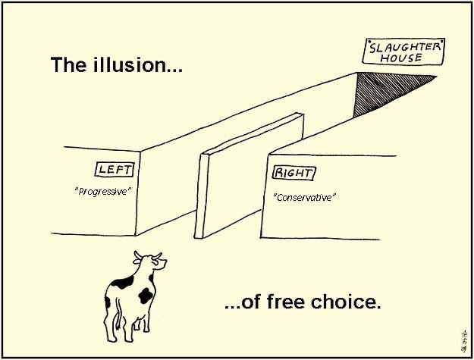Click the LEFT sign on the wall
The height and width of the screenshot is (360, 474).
115,170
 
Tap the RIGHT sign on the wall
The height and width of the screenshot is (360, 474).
294,173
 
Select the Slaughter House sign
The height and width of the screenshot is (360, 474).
403,52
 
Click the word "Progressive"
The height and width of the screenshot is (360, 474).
103,192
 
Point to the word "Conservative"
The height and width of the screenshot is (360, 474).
304,198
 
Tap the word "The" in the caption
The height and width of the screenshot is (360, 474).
68,64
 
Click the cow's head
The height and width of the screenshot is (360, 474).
150,260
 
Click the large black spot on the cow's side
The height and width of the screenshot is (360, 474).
146,296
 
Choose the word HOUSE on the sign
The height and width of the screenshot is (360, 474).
401,58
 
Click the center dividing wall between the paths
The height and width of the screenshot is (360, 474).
249,175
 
